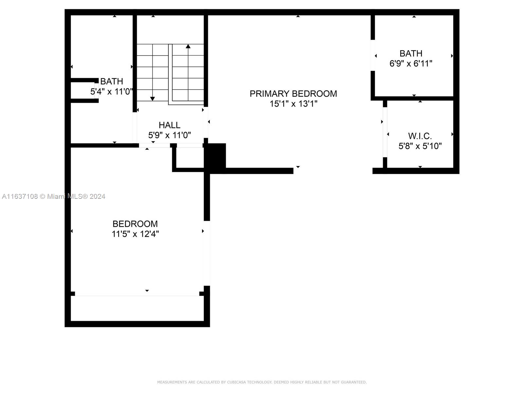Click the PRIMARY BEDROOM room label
pyautogui.click(x=293, y=94)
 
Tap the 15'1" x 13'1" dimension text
pyautogui.click(x=293, y=104)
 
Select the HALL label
pyautogui.click(x=170, y=125)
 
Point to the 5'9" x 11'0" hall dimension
pyautogui.click(x=170, y=135)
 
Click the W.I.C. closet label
pyautogui.click(x=420, y=136)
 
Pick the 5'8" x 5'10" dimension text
pyautogui.click(x=420, y=146)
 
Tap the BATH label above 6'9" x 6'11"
pyautogui.click(x=411, y=53)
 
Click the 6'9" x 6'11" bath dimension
pyautogui.click(x=411, y=64)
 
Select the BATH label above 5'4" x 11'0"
pyautogui.click(x=111, y=81)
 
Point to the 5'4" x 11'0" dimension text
pyautogui.click(x=111, y=91)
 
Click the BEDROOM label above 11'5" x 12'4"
pyautogui.click(x=135, y=224)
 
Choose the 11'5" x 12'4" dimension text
pyautogui.click(x=135, y=234)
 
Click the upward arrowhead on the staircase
pyautogui.click(x=188, y=46)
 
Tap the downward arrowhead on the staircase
pyautogui.click(x=152, y=99)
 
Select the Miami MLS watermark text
pyautogui.click(x=53, y=196)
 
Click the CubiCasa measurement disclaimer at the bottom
pyautogui.click(x=262, y=382)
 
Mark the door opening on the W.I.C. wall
pyautogui.click(x=385, y=132)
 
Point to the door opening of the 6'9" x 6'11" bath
pyautogui.click(x=373, y=55)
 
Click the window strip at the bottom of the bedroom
pyautogui.click(x=137, y=296)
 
